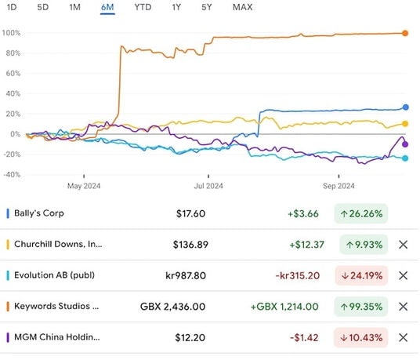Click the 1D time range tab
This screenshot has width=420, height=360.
pos(12,7)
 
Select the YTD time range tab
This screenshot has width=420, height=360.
pos(143,7)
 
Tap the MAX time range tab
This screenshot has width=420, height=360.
pos(242,7)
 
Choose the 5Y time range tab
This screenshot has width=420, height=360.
pos(207,7)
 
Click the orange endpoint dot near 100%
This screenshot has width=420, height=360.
pos(405,33)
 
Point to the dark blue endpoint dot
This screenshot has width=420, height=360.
pos(406,107)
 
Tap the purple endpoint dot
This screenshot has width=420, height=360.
pos(405,144)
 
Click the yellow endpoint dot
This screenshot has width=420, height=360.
pos(405,124)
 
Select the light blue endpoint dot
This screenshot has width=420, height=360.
pos(405,158)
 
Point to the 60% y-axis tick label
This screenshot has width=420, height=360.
pos(13,74)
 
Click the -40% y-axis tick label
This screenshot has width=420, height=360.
pos(12,175)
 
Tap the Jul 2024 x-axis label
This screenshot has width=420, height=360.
pos(208,186)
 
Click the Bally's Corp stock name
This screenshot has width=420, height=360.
pos(39,213)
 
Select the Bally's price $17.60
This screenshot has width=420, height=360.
pos(190,213)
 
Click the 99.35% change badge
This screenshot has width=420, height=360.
pos(360,307)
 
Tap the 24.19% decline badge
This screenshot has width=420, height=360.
pos(361,275)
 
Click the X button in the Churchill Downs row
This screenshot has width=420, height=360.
pos(403,245)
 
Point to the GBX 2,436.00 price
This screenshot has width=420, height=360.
pos(172,307)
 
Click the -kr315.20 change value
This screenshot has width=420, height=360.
pos(298,275)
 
